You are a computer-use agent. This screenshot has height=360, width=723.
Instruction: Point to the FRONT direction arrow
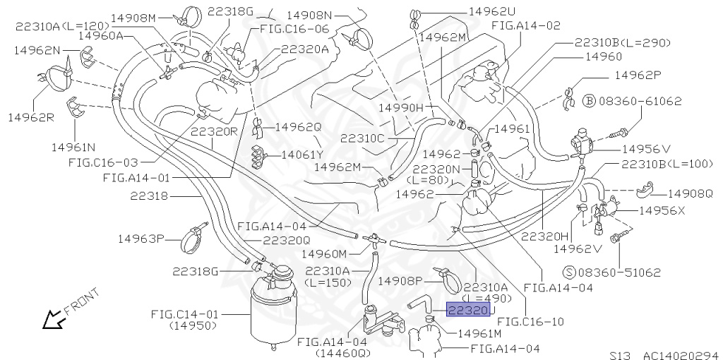pos(53,321)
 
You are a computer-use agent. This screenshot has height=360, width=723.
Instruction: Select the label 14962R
pos(30,116)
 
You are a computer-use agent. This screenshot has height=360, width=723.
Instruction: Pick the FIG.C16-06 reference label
pos(294,29)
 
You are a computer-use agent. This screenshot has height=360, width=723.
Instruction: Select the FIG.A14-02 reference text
pos(525,25)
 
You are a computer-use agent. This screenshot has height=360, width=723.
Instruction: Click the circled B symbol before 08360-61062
pos(590,102)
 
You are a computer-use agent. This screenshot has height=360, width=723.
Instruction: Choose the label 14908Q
pos(690,193)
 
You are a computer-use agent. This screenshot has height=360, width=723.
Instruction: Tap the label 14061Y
pos(302,154)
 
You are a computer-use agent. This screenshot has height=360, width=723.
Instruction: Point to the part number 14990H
pos(400,107)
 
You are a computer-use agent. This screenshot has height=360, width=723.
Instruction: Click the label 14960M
pos(324,253)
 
